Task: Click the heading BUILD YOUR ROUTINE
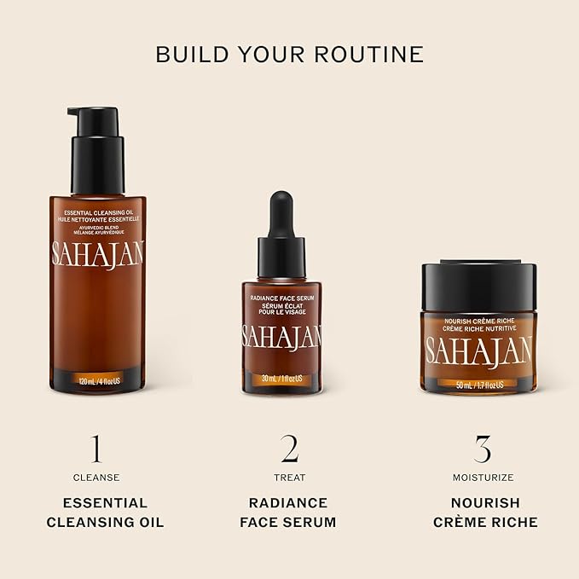289,55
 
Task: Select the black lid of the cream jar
478,287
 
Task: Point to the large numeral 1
96,449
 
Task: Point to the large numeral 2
290,449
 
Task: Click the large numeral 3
483,449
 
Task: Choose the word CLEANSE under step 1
96,478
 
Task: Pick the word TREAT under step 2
290,478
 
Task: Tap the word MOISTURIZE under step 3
483,478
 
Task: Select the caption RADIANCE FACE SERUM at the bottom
290,512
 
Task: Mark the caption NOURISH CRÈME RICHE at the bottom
483,512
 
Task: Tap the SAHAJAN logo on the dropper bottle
281,336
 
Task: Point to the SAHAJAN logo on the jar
478,350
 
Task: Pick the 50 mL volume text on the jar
478,385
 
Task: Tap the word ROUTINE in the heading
370,55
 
